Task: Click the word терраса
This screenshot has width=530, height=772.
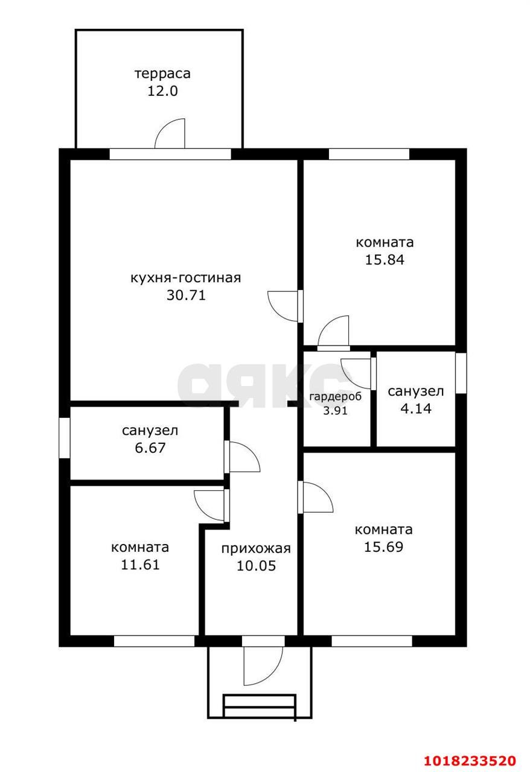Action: pos(162,74)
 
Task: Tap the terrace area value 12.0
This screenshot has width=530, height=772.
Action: pos(162,91)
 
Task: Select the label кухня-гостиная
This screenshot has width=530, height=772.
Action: pos(186,278)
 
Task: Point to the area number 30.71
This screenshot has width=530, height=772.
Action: pos(186,295)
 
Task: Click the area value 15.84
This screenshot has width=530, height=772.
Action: pos(385,259)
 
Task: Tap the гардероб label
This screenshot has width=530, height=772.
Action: pos(336,397)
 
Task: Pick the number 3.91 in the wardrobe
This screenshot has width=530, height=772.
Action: pos(336,411)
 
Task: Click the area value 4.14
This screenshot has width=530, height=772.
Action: pos(416,408)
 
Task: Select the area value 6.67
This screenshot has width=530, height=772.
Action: pos(150,448)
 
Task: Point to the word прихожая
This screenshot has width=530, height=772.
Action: pos(256,548)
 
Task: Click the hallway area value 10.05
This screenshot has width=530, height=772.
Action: pos(256,566)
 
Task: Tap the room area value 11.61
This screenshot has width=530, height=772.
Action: pos(140,565)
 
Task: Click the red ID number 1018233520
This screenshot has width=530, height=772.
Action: pos(470,761)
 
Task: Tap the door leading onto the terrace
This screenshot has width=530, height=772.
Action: pos(170,134)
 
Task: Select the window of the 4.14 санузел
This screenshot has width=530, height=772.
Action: pos(461,373)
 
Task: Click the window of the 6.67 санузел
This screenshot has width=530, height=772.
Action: pos(65,438)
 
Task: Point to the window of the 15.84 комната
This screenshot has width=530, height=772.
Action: pos(369,154)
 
